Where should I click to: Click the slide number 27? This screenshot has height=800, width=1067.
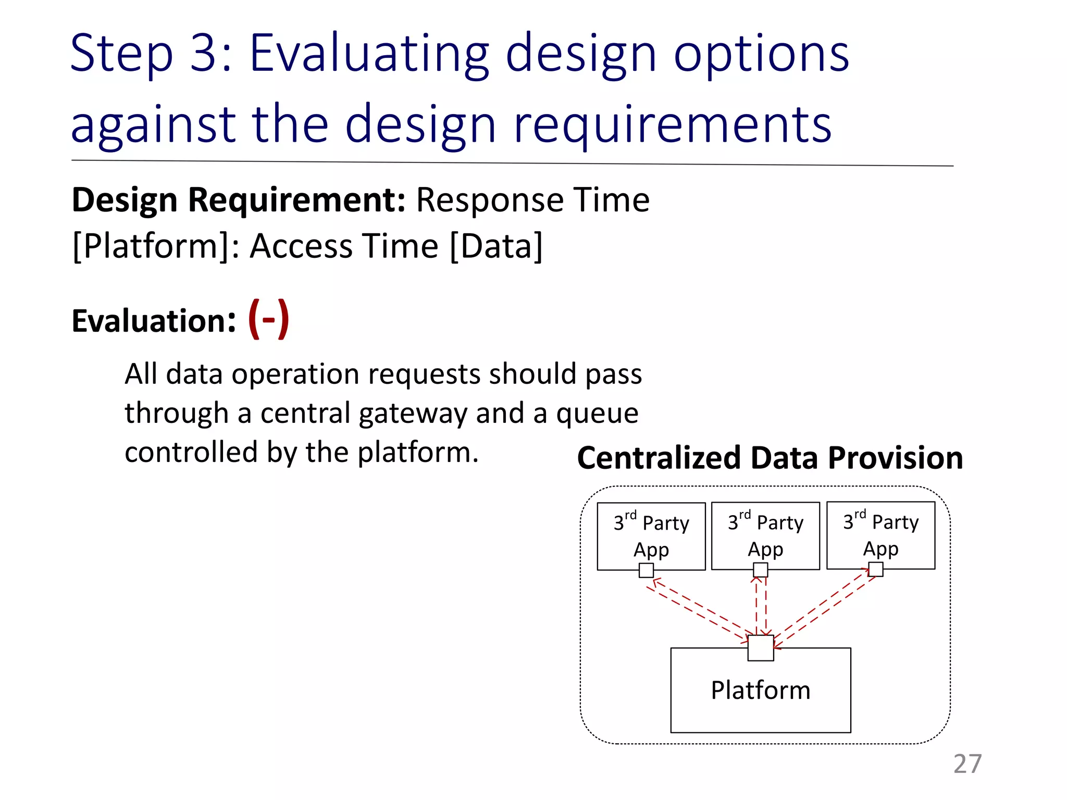click(x=967, y=764)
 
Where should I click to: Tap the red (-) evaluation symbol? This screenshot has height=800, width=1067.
click(x=268, y=319)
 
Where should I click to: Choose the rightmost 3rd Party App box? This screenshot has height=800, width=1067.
click(x=880, y=535)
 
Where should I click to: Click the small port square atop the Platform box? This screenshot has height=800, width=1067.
click(x=760, y=648)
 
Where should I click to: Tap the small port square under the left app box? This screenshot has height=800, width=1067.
click(x=646, y=570)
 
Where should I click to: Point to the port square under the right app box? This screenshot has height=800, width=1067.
click(x=876, y=569)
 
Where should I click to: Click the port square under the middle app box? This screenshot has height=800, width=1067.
click(x=760, y=570)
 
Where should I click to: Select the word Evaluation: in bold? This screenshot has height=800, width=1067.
click(x=154, y=321)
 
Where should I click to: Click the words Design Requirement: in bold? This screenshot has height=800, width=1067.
click(x=238, y=200)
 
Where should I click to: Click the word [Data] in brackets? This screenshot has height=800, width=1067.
click(x=495, y=246)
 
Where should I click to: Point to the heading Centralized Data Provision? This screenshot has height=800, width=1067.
click(x=770, y=458)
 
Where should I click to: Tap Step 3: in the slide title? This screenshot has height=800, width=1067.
click(x=151, y=53)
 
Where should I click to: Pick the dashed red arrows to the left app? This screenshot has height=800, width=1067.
click(x=698, y=609)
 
